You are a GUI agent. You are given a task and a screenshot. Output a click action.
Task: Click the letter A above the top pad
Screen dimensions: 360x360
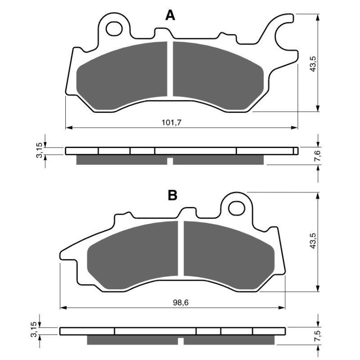(x=170, y=16)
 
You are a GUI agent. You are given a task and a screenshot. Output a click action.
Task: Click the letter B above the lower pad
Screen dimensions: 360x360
(x=172, y=195)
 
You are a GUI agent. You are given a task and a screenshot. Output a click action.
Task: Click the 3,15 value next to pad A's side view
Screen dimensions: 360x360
(x=40, y=150)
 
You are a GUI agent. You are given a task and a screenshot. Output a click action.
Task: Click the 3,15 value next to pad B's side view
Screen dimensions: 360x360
(x=34, y=331)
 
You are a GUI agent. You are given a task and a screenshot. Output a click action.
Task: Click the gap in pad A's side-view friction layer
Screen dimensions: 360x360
(x=170, y=161)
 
